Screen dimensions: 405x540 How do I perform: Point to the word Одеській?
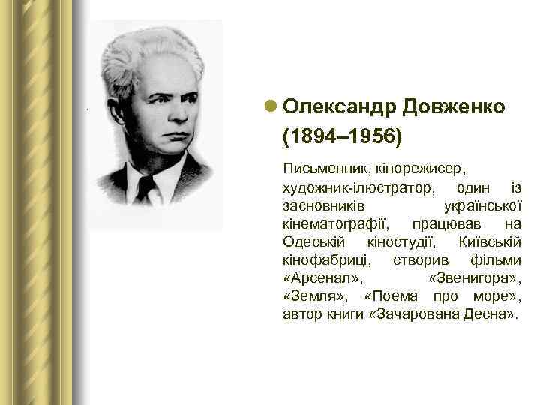click(x=313, y=241)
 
